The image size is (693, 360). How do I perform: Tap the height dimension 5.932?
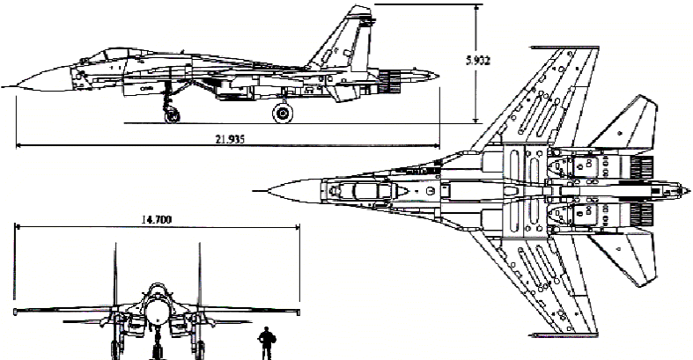tap(477, 61)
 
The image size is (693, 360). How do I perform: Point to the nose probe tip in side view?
tap(4, 85)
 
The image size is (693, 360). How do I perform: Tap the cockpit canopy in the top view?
tap(357, 189)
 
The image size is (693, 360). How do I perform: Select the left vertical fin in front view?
tap(116, 273)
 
